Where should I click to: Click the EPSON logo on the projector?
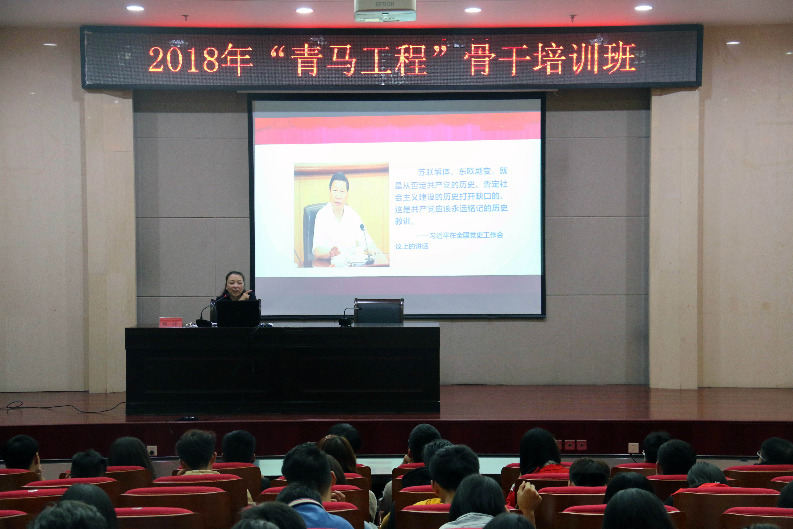tap(385, 4)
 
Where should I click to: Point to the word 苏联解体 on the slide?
tap(434, 172)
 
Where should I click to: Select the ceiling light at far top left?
tap(135, 8)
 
